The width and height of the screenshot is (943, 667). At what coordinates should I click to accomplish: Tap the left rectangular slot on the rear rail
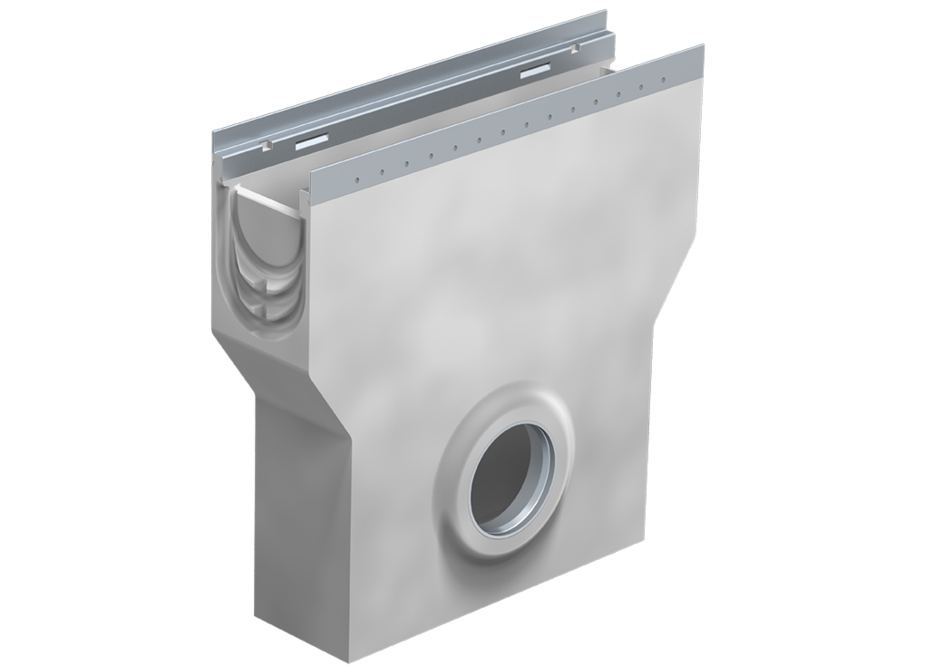click(310, 141)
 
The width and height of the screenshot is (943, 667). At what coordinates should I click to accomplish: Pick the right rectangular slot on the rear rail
click(535, 72)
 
